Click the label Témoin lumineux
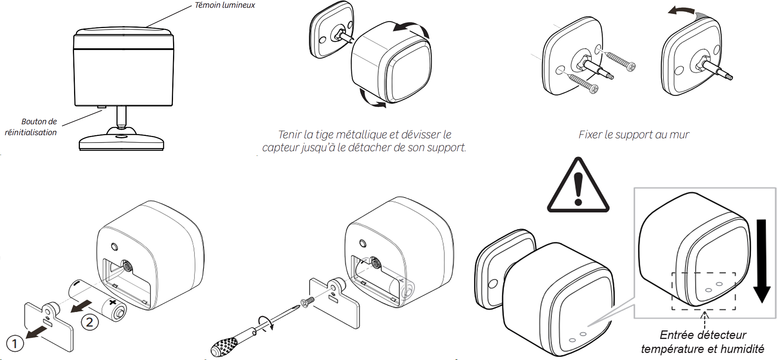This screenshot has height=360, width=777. click(x=225, y=5)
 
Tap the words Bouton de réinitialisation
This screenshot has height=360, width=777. click(x=31, y=127)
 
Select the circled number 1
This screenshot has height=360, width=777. click(x=15, y=343)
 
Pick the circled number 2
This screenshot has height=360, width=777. click(x=90, y=322)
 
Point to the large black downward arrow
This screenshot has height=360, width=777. click(x=761, y=261)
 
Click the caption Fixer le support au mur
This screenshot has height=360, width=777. click(x=634, y=134)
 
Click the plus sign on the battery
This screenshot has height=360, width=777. click(x=113, y=302)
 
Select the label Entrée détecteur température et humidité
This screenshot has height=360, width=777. click(x=703, y=342)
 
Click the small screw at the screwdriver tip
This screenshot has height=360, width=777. click(x=307, y=302)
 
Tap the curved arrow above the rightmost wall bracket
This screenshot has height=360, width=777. click(x=682, y=12)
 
